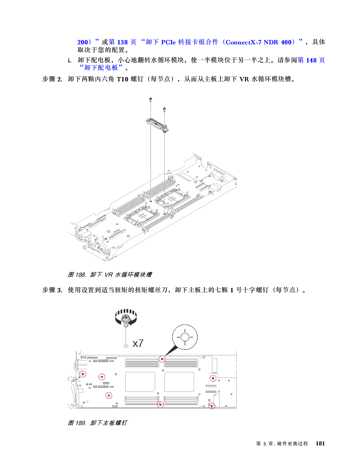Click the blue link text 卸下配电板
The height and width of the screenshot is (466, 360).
pos(101,68)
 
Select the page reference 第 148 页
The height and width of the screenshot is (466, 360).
pos(311,60)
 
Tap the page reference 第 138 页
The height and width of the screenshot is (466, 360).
pos(123,42)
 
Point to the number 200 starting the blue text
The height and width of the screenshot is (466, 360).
pos(82,42)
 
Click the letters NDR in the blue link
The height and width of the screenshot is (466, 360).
pos(271,42)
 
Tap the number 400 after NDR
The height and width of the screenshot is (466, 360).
pos(286,42)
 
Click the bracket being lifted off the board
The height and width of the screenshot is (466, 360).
pos(157,125)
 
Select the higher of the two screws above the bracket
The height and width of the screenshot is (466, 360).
pos(150,99)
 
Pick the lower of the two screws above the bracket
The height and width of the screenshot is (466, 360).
pos(164,109)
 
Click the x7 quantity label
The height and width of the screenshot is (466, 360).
pos(138,343)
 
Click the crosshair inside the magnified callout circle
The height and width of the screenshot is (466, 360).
pos(185,337)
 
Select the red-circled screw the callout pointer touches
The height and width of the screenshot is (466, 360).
pos(162,359)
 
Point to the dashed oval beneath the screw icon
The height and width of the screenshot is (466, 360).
pos(126,346)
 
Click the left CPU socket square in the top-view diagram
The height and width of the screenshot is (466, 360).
pos(140,382)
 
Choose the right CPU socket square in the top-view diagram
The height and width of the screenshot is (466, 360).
pos(179,382)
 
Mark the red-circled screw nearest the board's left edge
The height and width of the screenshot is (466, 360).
pos(83,374)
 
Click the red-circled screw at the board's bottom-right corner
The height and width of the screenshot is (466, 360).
pos(211,406)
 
